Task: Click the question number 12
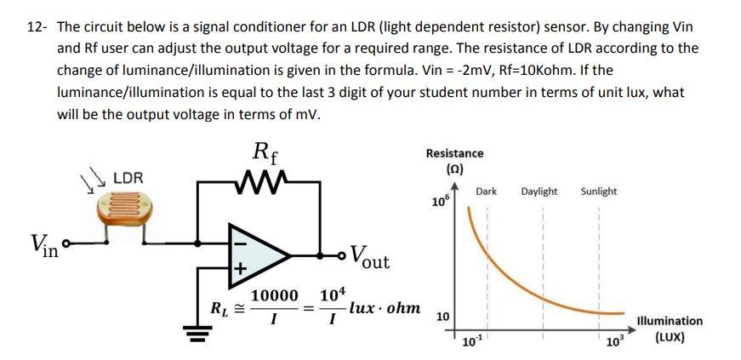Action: click(34, 26)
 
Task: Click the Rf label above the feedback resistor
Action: click(264, 152)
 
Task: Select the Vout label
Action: click(369, 256)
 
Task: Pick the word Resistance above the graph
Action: click(454, 153)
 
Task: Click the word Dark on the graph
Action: click(486, 191)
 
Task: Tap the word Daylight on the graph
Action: click(539, 191)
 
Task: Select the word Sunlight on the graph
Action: click(599, 191)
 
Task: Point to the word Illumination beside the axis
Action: click(670, 321)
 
